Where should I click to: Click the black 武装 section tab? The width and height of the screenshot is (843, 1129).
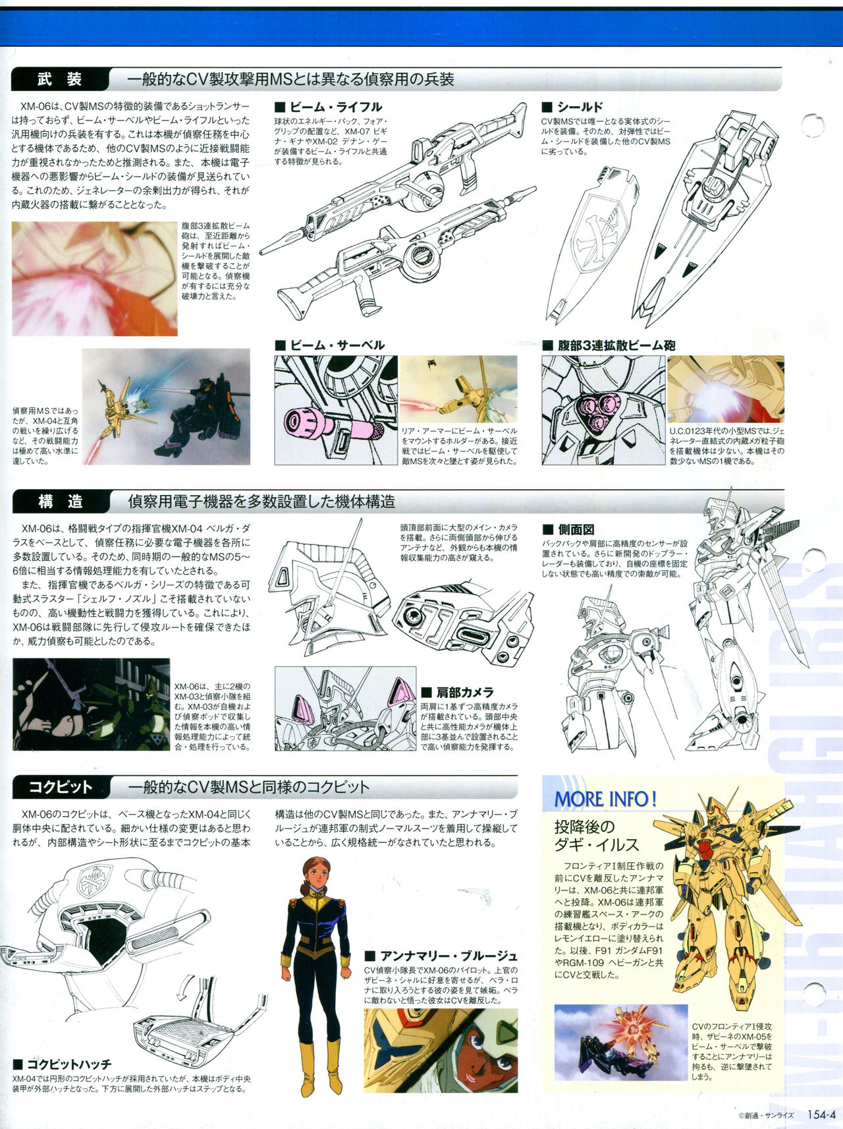click(x=60, y=80)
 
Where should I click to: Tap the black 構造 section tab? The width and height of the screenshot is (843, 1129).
click(x=60, y=502)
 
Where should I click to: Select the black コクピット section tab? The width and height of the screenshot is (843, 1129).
click(x=60, y=786)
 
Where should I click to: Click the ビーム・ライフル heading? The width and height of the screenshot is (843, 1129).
click(x=328, y=107)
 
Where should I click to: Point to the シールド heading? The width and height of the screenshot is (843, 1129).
click(x=572, y=107)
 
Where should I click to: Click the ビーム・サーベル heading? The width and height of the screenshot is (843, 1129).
click(x=329, y=345)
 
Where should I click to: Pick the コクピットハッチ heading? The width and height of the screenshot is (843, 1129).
click(x=62, y=1064)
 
